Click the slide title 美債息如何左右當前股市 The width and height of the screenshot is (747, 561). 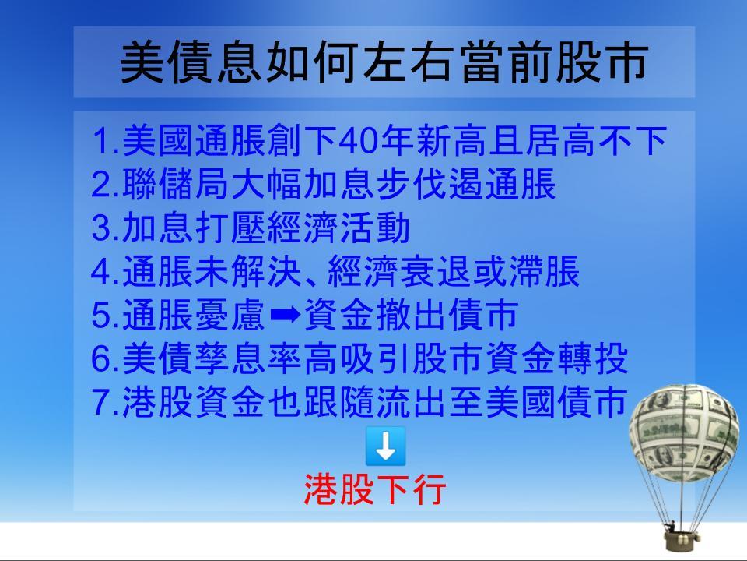click(x=384, y=62)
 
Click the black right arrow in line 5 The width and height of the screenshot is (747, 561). click(x=286, y=314)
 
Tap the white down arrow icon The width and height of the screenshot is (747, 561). click(x=385, y=446)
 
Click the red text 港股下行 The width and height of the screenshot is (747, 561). click(x=375, y=489)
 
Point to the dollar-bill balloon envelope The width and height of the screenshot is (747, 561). click(x=684, y=432)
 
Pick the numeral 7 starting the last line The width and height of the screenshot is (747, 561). click(x=100, y=402)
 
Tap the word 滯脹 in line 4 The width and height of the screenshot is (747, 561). click(x=544, y=271)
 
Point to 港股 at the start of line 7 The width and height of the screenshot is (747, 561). click(x=158, y=402)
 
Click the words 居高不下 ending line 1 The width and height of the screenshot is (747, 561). click(x=597, y=141)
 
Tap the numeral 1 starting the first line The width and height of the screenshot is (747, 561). click(x=100, y=141)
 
